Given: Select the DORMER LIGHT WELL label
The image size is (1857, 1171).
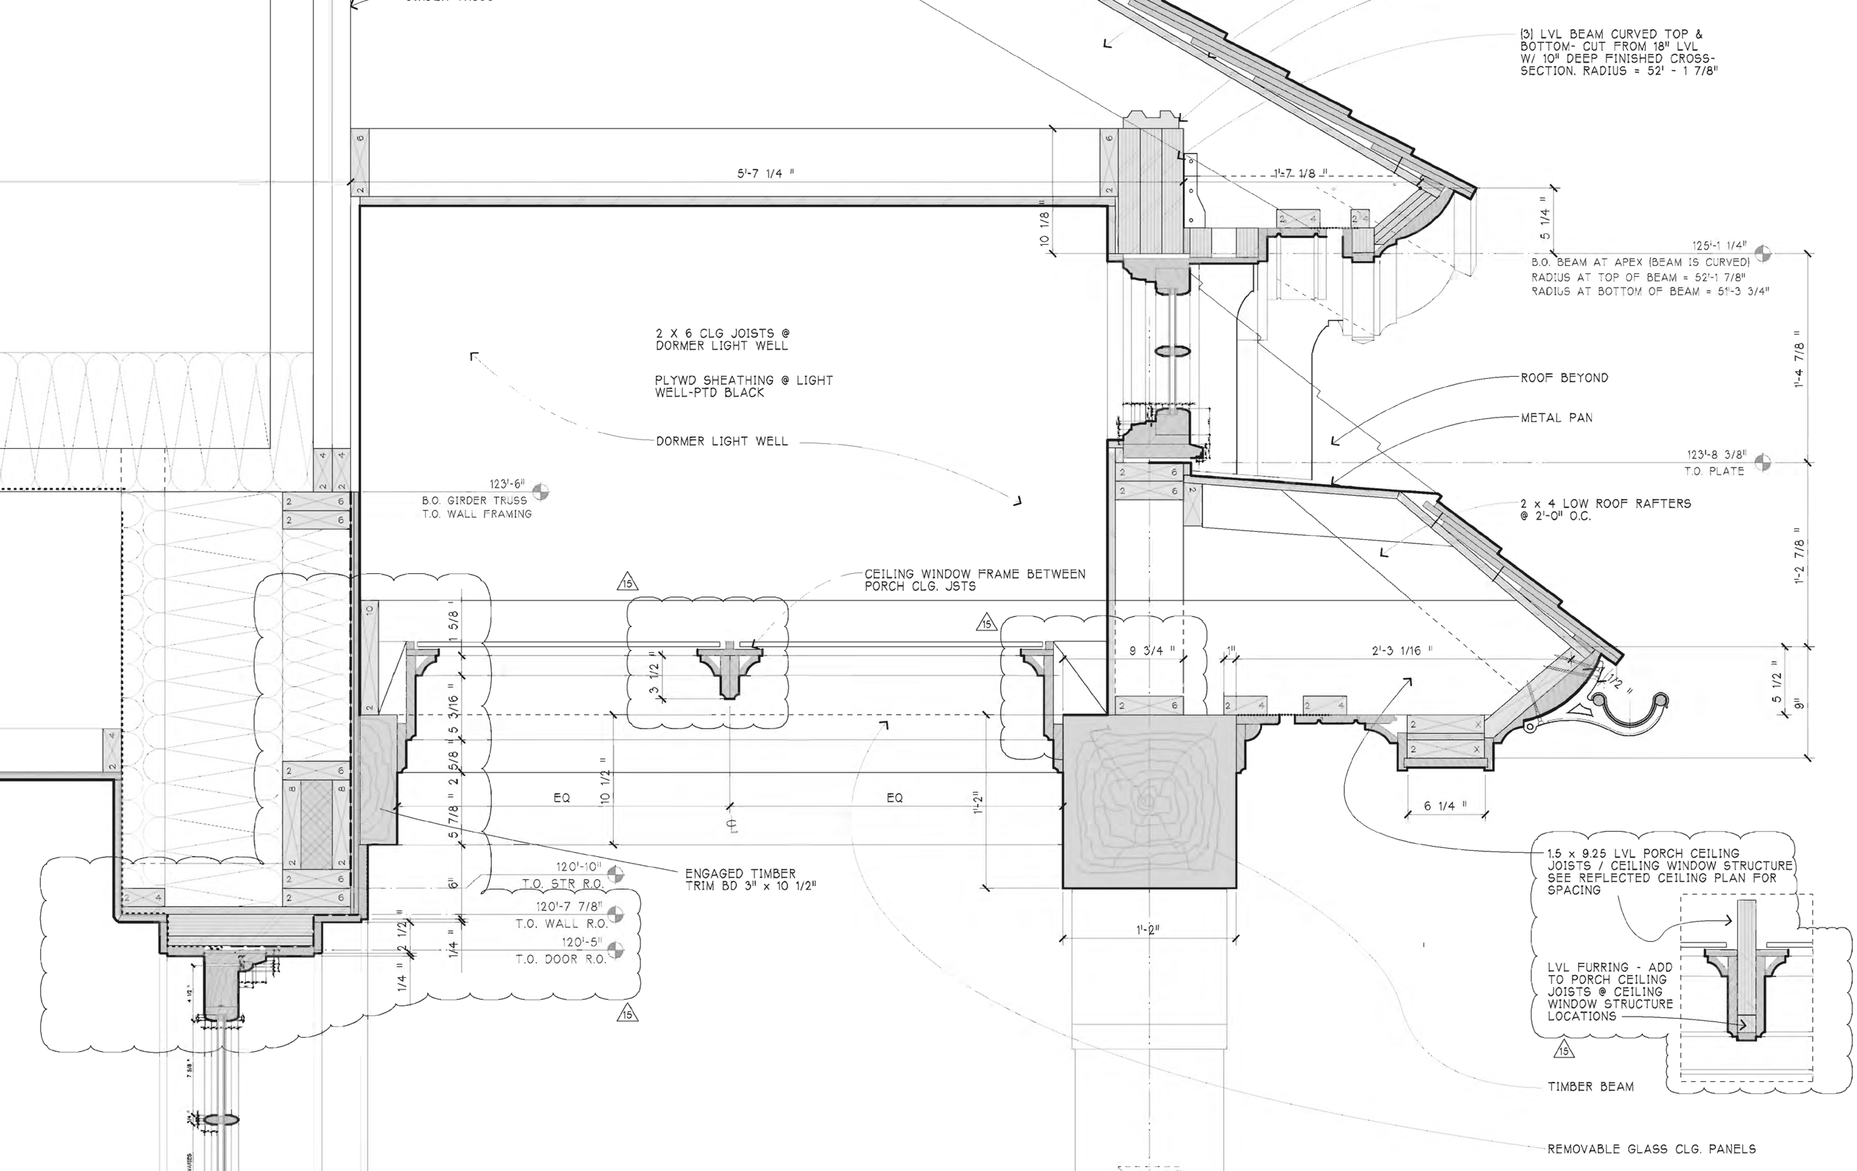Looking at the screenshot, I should pyautogui.click(x=722, y=441).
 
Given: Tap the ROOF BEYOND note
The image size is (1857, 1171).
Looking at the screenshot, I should pyautogui.click(x=1564, y=378).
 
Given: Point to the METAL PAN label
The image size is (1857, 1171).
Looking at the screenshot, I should pyautogui.click(x=1556, y=418).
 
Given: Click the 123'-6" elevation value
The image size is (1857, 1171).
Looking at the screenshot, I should pyautogui.click(x=507, y=484).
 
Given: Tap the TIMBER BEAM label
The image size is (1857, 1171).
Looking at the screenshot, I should pyautogui.click(x=1590, y=1086).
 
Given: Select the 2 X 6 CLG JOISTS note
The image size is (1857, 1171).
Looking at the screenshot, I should pyautogui.click(x=722, y=339).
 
